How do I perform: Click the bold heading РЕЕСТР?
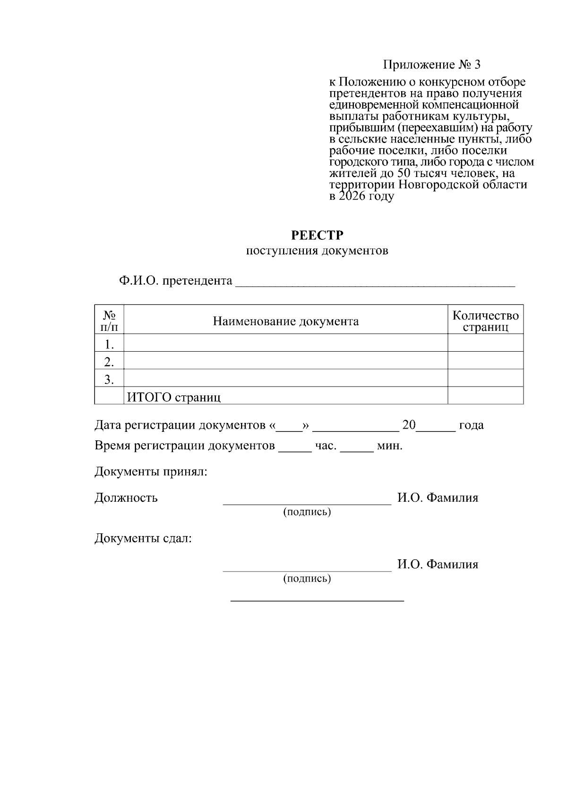317,235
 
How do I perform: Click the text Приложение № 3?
431,65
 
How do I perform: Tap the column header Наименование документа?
285,321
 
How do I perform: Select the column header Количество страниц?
485,321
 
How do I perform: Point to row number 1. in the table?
109,344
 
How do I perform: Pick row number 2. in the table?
109,362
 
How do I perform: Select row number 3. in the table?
109,379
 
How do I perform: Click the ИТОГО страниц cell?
173,397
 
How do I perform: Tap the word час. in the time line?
326,446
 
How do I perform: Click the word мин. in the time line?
389,446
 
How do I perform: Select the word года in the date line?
471,425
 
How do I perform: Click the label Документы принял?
151,472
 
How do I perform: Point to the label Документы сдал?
143,538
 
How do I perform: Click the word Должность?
126,497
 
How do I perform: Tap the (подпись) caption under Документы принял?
307,512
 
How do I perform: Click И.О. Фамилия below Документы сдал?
438,564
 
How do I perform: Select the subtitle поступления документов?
317,251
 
